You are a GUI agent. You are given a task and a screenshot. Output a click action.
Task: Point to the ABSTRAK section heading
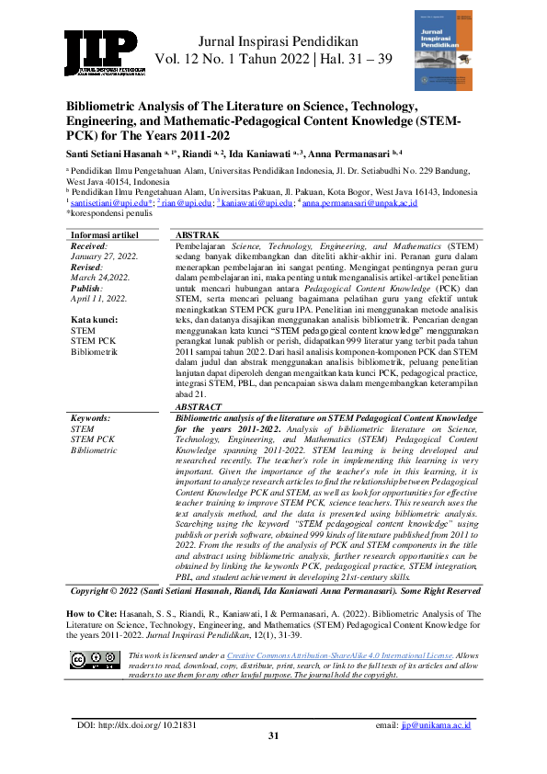click(x=197, y=236)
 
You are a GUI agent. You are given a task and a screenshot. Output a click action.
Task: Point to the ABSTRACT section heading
click(x=199, y=405)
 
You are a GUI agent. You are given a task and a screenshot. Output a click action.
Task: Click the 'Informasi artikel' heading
click(x=105, y=236)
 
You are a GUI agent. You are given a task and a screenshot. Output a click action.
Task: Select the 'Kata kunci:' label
click(x=95, y=318)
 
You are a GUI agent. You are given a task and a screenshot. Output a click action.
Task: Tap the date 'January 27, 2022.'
click(x=104, y=256)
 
